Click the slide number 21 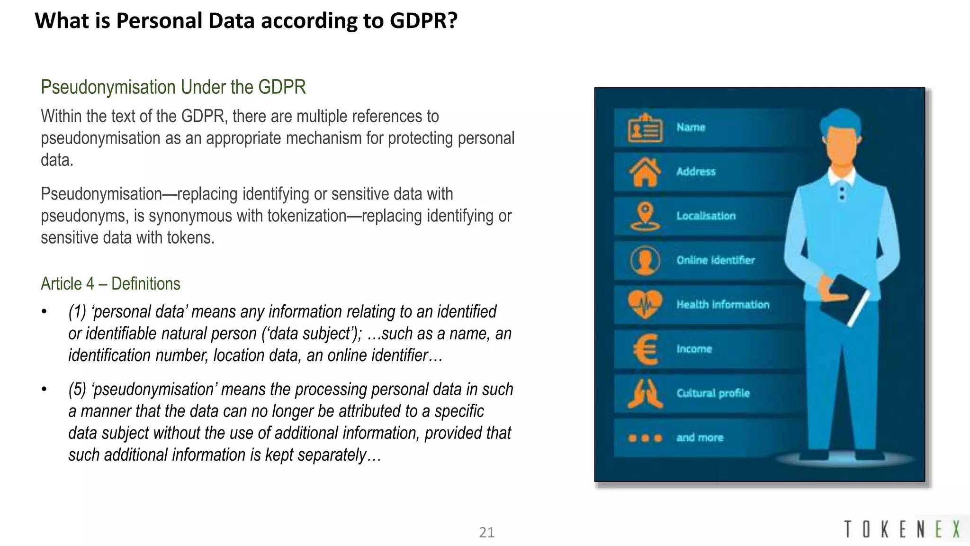click(x=486, y=532)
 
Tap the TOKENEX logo click(x=902, y=529)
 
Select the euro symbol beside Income click(x=645, y=349)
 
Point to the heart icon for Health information click(x=645, y=304)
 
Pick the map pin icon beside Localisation click(x=645, y=216)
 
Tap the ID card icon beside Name click(x=645, y=128)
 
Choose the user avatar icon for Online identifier click(x=645, y=260)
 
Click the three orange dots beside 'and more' click(x=645, y=438)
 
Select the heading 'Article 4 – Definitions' click(x=110, y=283)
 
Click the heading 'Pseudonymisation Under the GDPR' click(x=173, y=87)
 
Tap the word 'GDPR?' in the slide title click(x=423, y=21)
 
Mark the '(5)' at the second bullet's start click(x=77, y=390)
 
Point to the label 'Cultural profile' click(x=713, y=393)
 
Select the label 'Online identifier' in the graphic click(x=715, y=260)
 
